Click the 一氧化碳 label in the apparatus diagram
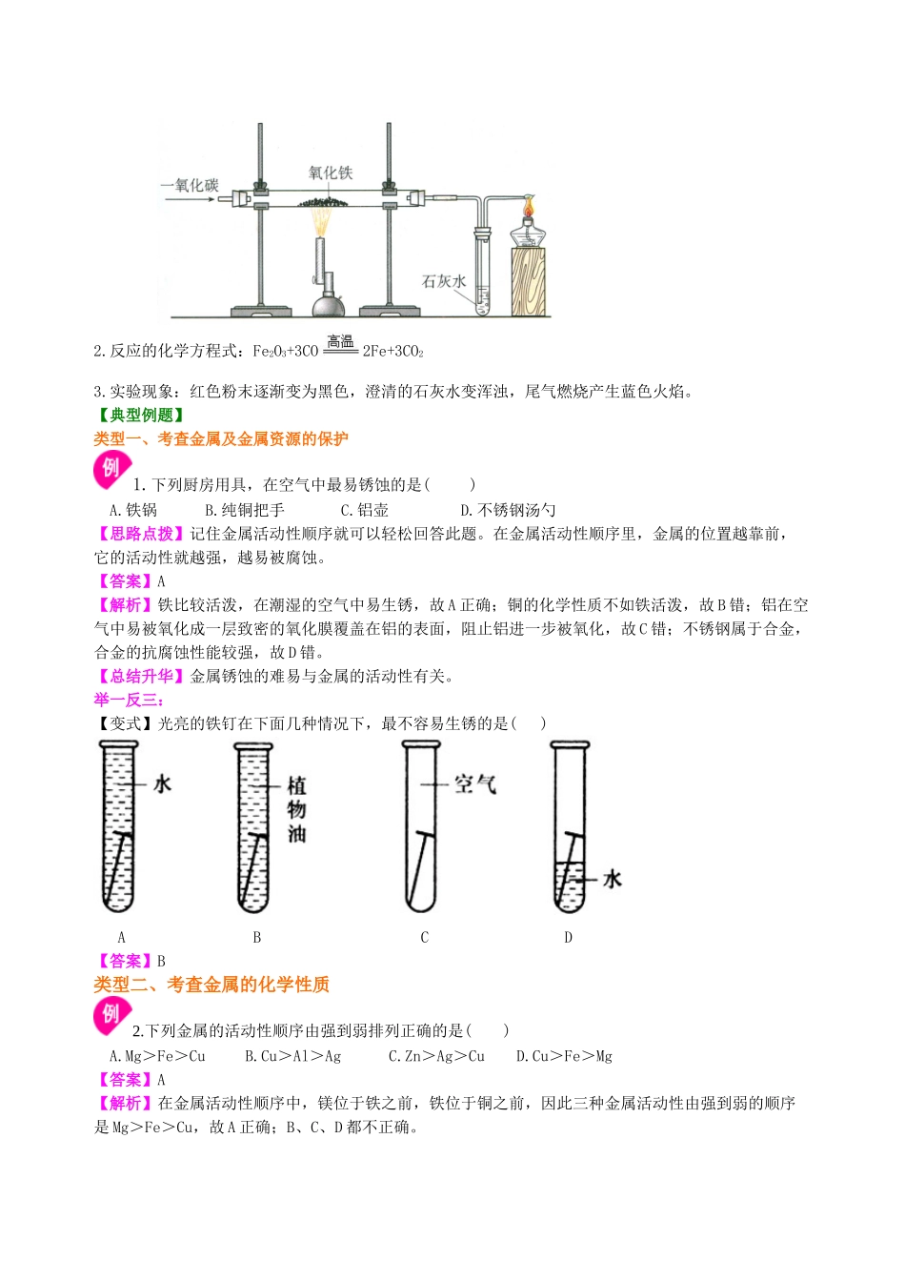190,185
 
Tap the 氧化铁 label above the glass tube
331,173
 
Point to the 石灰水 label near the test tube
443,281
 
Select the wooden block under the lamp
530,281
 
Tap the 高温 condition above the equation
340,341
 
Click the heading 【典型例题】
141,415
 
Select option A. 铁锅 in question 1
133,510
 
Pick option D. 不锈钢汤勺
508,510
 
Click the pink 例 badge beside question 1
111,468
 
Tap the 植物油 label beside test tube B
296,809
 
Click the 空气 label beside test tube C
474,784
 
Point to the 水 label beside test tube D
612,879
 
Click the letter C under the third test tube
425,937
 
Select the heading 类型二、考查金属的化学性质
211,985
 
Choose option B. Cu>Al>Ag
292,1056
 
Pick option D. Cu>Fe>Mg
564,1056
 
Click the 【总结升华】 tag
141,676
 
